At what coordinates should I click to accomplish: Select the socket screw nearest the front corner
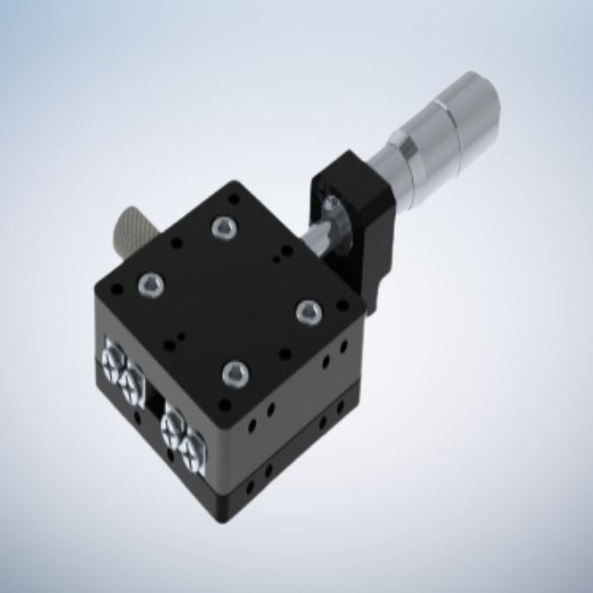235,376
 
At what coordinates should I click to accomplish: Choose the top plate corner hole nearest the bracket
342,304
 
